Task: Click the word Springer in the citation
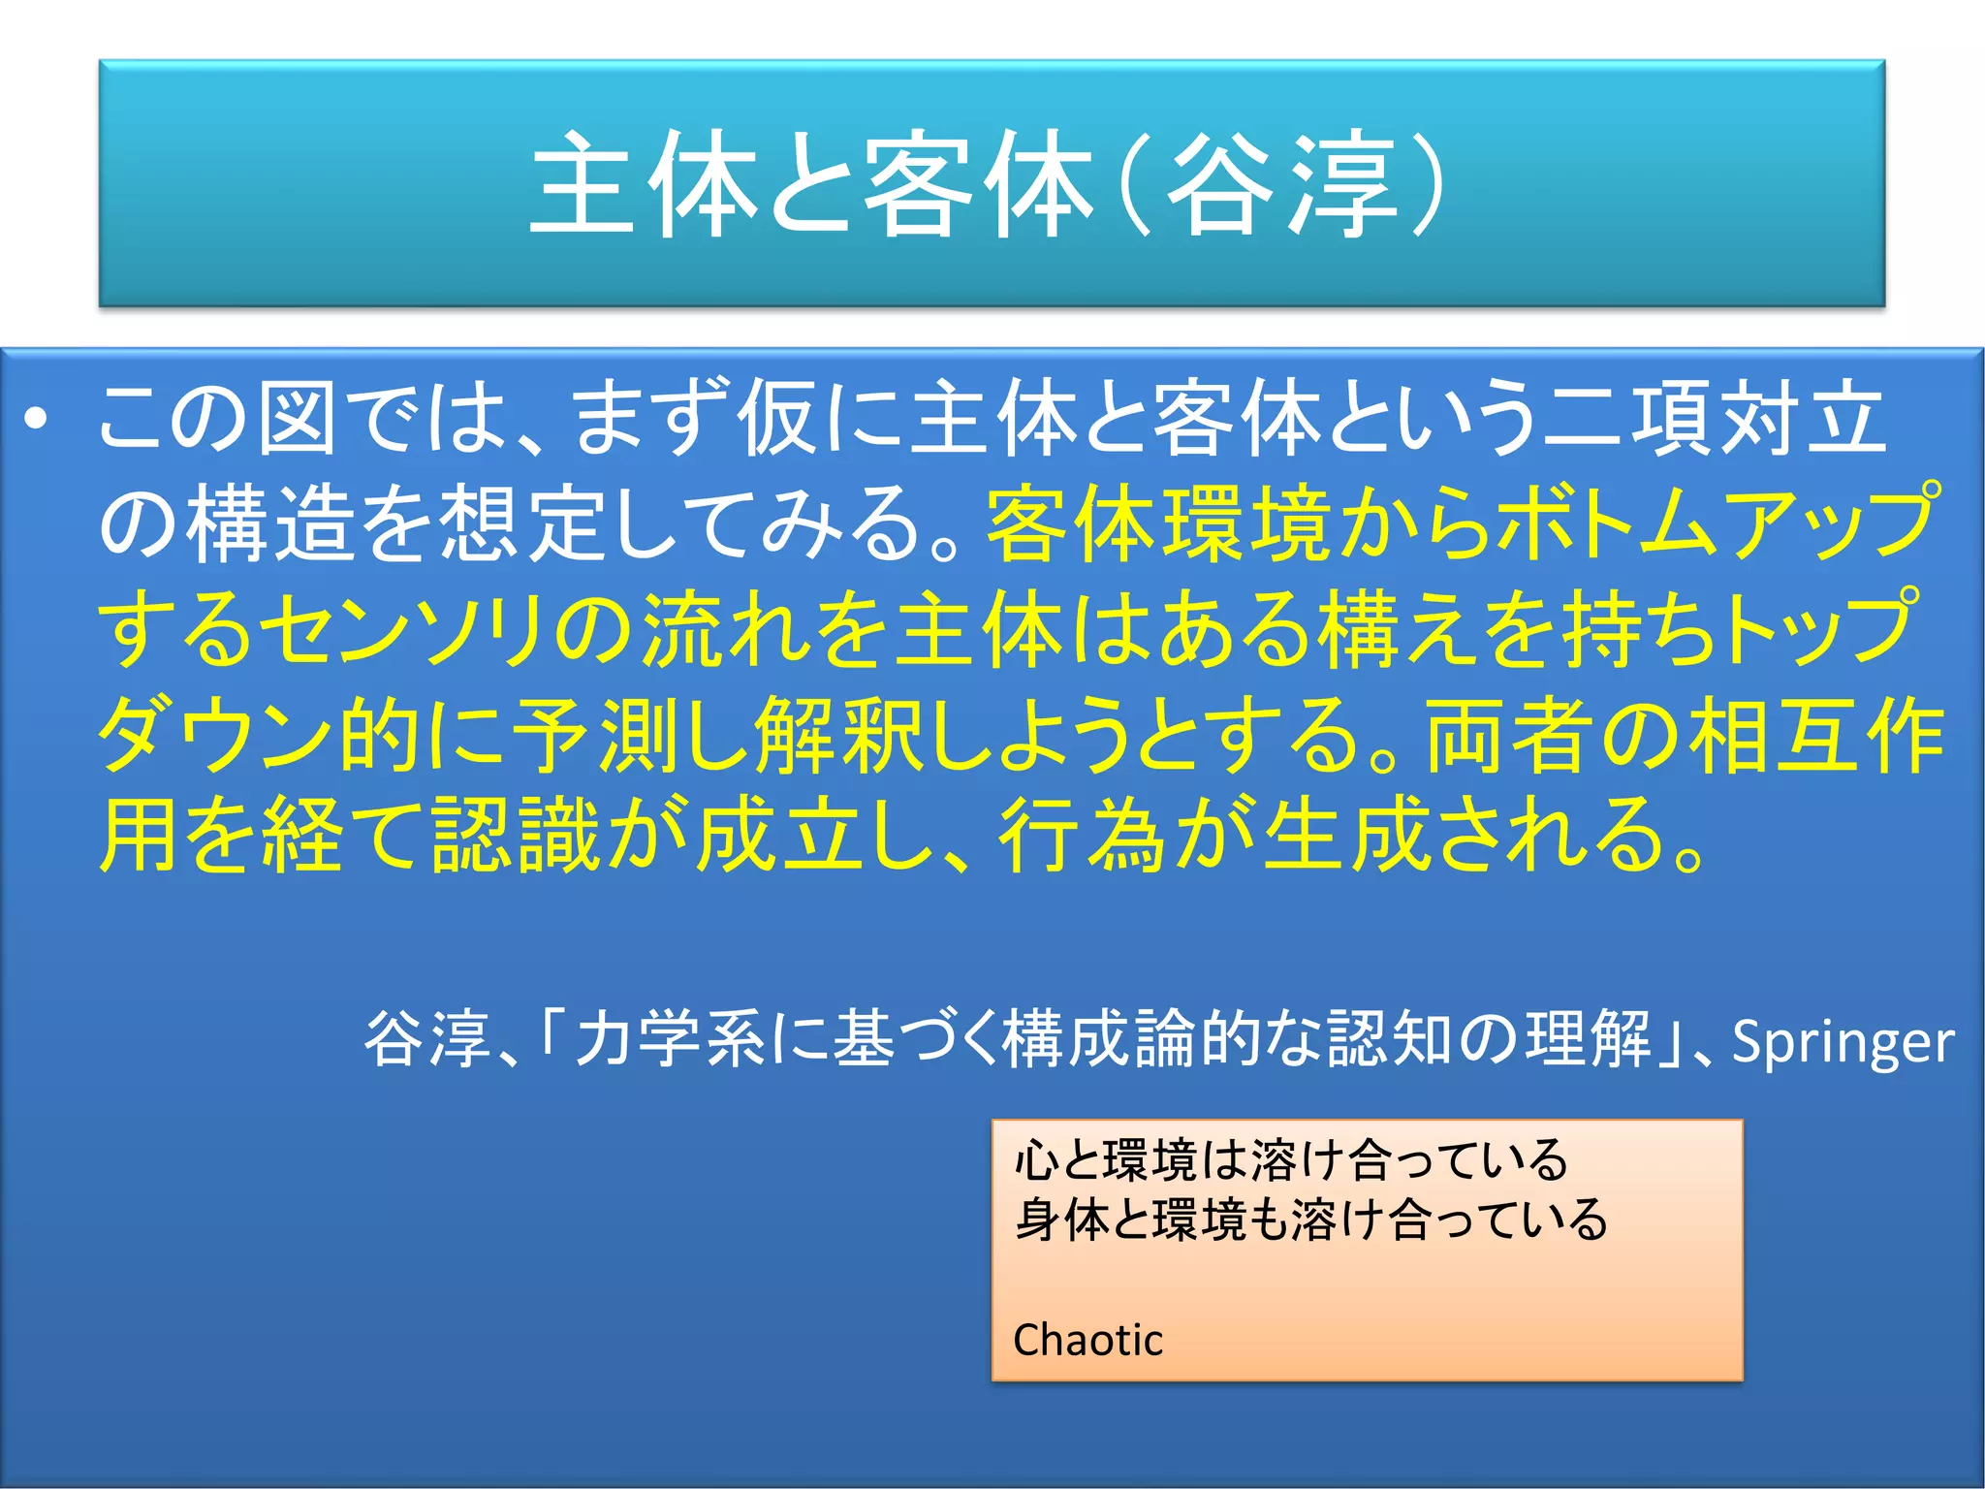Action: tap(1843, 1042)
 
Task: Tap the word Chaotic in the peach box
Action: tap(1087, 1340)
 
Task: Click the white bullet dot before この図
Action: tap(36, 420)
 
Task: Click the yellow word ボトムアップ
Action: tap(1715, 523)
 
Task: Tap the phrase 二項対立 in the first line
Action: tap(1716, 419)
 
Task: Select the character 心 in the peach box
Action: tap(1035, 1160)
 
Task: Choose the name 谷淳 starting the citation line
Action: tap(426, 1039)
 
